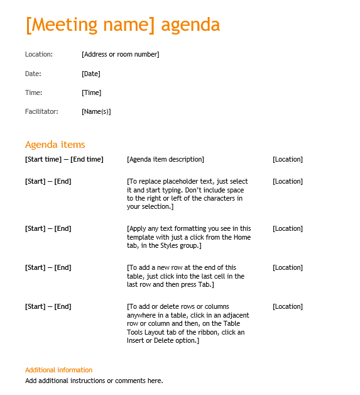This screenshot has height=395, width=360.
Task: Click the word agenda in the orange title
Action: click(190, 25)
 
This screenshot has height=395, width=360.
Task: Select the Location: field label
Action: click(39, 54)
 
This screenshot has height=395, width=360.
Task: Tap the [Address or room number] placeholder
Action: click(120, 54)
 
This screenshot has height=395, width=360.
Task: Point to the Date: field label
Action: click(33, 74)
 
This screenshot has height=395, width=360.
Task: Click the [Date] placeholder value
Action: click(90, 74)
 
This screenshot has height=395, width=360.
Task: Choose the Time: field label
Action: click(34, 92)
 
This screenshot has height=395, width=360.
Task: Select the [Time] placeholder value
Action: click(91, 92)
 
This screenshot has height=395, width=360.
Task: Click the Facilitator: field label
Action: click(41, 111)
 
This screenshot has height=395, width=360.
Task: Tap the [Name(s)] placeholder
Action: click(96, 111)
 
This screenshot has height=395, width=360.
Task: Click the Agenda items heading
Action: click(55, 145)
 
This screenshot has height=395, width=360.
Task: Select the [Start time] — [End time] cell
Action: click(64, 159)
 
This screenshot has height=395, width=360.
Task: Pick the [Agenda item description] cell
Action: click(165, 159)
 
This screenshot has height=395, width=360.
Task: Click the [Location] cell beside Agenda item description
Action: click(287, 159)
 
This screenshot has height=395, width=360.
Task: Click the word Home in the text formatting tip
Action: click(241, 237)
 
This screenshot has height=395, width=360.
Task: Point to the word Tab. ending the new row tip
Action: click(206, 284)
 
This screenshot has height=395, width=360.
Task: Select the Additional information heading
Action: click(58, 370)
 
